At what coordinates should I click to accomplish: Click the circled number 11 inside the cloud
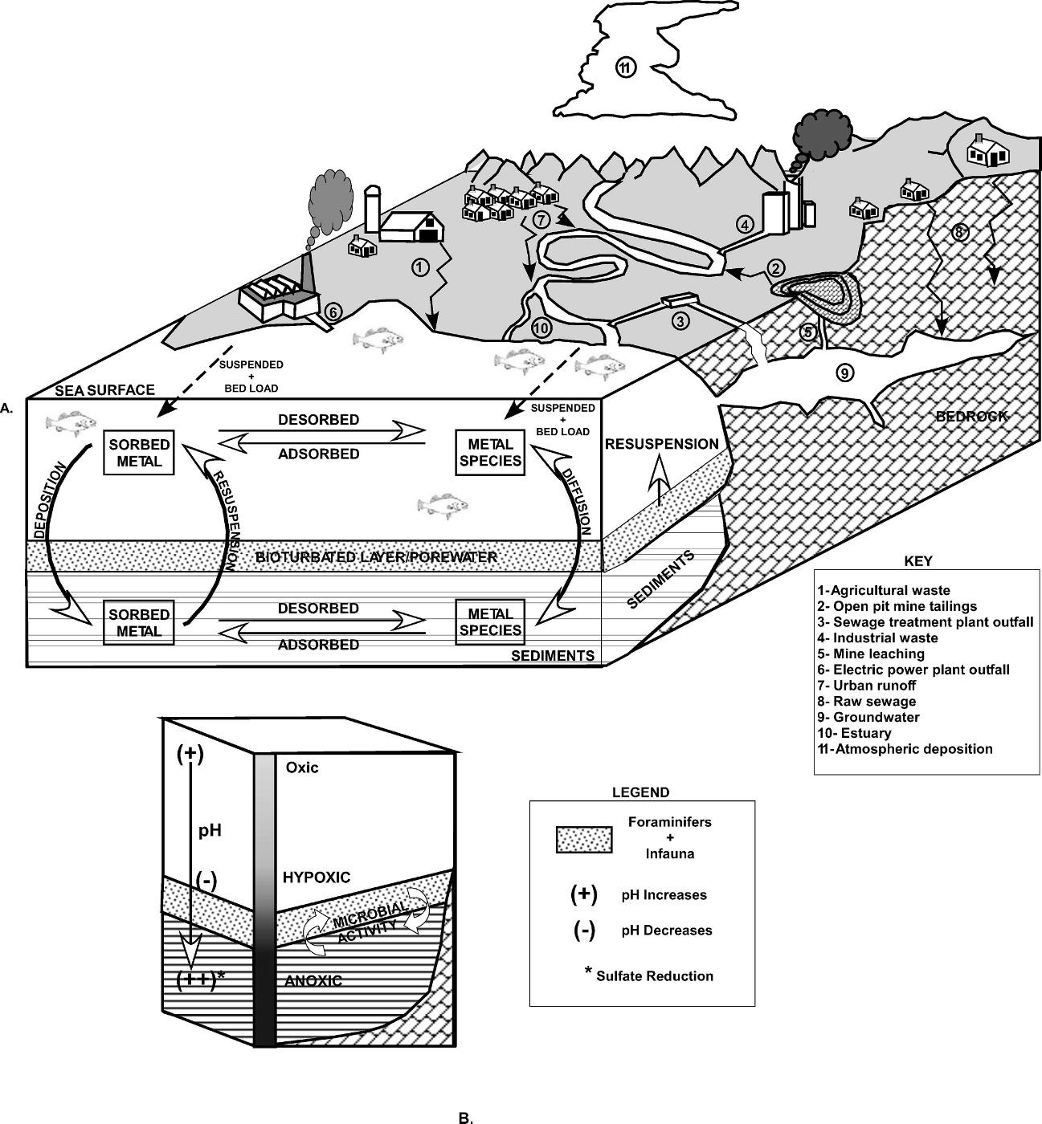click(x=626, y=68)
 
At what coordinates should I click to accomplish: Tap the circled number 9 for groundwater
click(x=844, y=372)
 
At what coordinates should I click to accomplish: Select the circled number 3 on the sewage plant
click(x=680, y=322)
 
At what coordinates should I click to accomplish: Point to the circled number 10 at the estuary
click(x=541, y=328)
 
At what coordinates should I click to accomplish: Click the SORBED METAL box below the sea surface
click(x=139, y=453)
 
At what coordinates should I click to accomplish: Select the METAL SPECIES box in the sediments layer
click(x=490, y=622)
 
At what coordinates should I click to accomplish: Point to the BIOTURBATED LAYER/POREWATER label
click(x=376, y=556)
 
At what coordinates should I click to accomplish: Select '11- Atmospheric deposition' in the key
click(x=905, y=749)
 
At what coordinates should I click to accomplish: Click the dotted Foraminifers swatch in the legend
click(x=584, y=839)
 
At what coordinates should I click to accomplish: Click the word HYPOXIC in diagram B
click(x=317, y=878)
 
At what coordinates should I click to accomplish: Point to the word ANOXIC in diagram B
click(x=313, y=980)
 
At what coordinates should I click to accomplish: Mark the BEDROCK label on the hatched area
click(x=970, y=416)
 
